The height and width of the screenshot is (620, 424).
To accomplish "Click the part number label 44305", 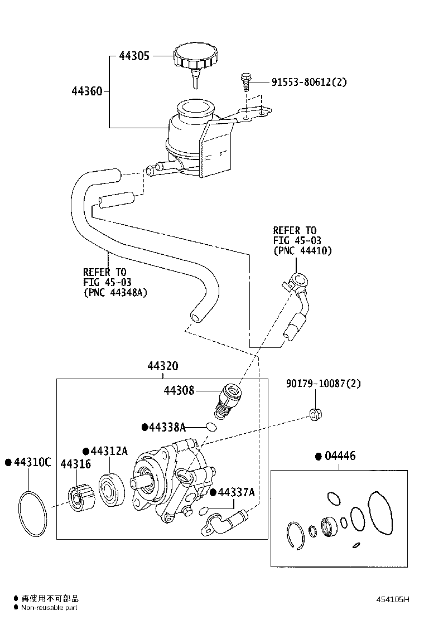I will (134, 56).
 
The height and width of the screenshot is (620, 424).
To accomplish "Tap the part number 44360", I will (87, 91).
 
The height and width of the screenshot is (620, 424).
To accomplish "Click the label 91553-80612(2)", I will (309, 82).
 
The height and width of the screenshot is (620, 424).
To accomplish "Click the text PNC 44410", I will (302, 250).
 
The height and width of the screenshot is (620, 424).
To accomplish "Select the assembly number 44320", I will (163, 366).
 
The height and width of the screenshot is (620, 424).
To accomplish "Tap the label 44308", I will (179, 390).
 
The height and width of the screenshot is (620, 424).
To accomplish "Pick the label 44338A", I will (166, 427).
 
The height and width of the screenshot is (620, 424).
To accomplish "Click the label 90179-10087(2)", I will (323, 384).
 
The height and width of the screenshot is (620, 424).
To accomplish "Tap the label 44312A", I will (109, 451).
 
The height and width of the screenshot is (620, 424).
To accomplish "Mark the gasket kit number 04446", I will (339, 456).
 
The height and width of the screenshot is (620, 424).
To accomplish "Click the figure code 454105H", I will (392, 600).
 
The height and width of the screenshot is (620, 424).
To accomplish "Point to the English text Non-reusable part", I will (49, 608).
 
